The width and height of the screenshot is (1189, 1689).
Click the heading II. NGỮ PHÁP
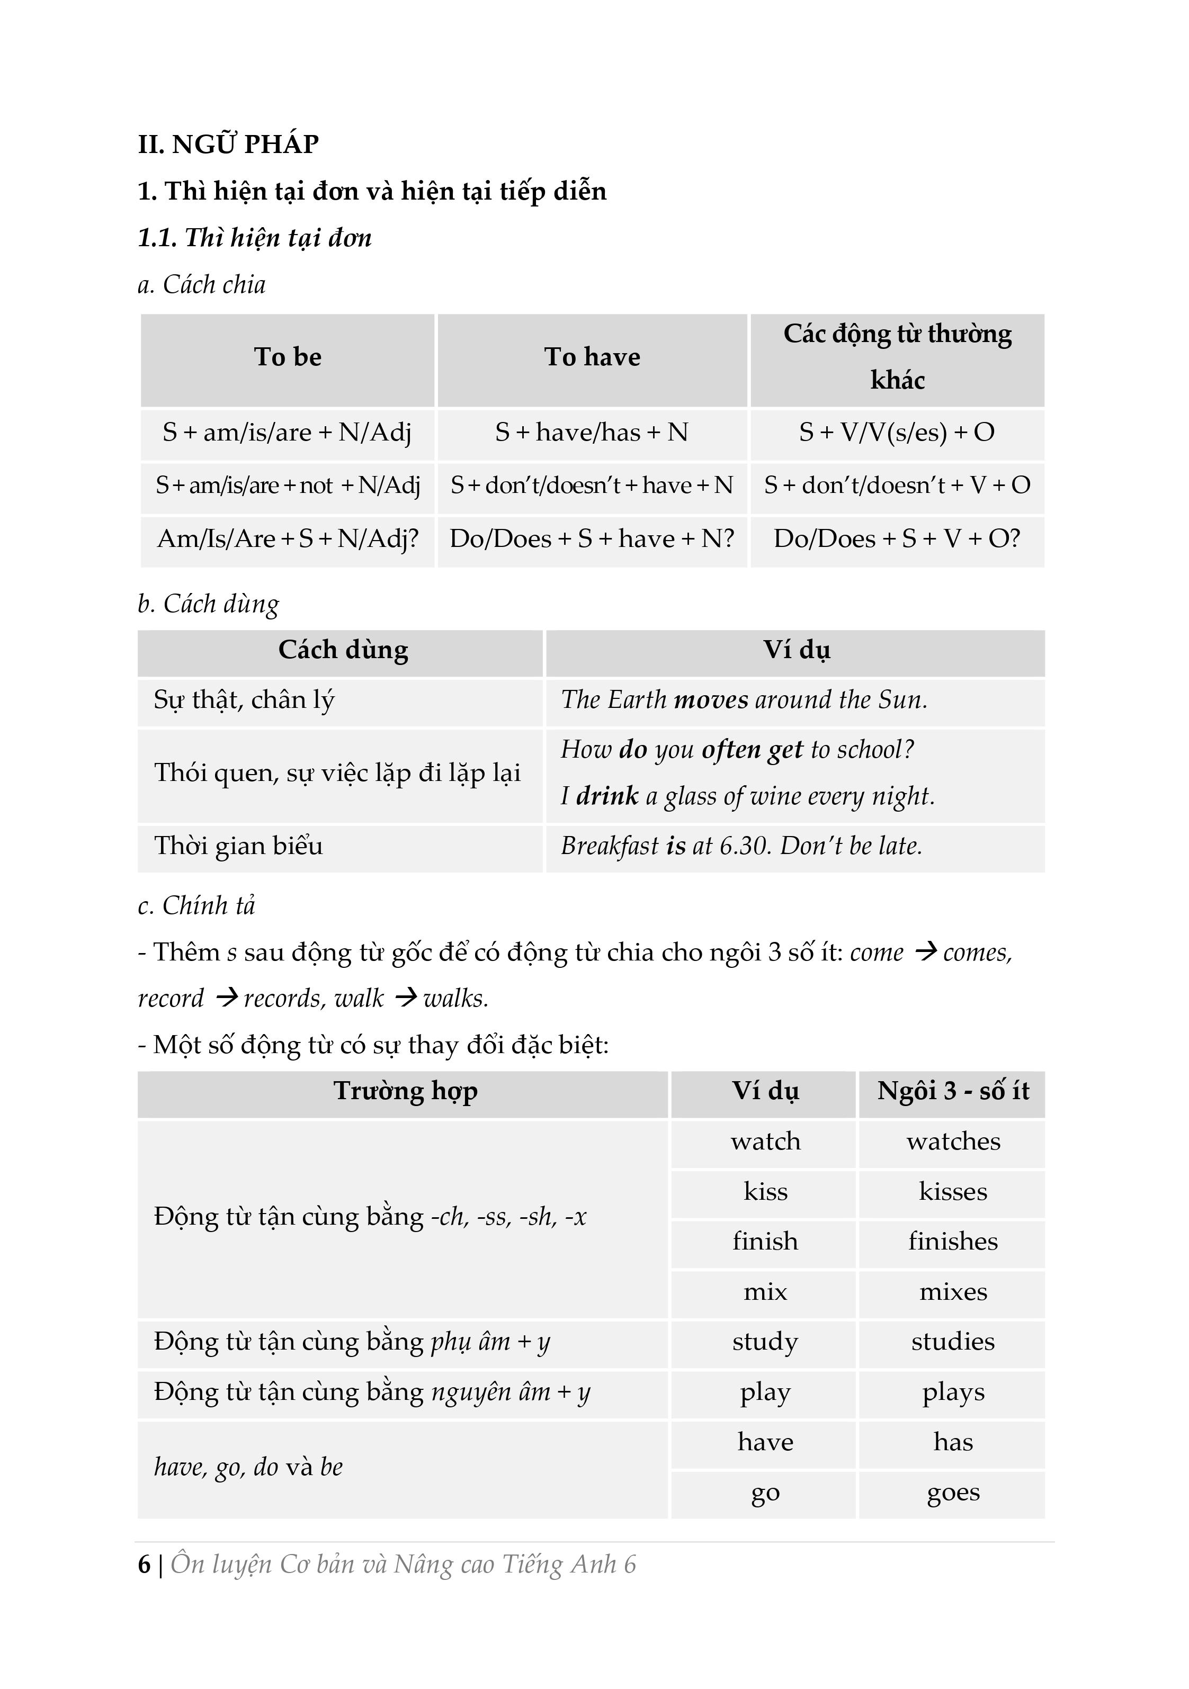(228, 144)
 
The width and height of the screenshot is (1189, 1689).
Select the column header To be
(288, 357)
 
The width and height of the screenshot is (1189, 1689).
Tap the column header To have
(592, 357)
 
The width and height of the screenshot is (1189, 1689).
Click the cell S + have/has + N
(592, 433)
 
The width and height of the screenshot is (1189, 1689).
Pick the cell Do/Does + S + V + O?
(896, 539)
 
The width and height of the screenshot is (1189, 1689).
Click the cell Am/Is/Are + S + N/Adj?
(288, 539)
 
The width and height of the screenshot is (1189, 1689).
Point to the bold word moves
(711, 699)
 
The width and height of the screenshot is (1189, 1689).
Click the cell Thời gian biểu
(238, 846)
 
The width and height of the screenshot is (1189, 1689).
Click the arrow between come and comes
(924, 953)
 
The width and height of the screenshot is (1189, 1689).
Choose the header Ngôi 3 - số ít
(952, 1091)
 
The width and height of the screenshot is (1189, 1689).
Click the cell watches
(953, 1142)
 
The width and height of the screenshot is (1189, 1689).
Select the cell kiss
(765, 1192)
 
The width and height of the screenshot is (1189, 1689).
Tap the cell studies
(953, 1342)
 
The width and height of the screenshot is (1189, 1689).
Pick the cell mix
(765, 1292)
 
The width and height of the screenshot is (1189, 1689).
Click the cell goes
(953, 1493)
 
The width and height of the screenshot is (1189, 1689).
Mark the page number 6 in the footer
(144, 1564)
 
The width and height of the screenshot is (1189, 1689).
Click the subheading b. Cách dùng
(208, 604)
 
